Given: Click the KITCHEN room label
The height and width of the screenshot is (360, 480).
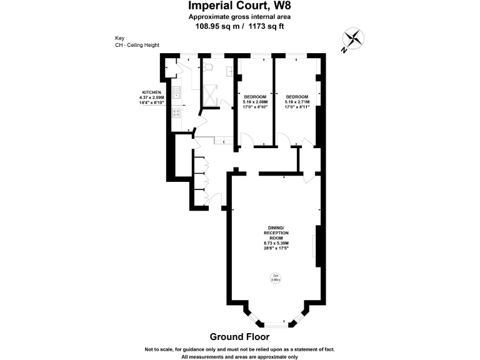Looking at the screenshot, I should (x=152, y=92).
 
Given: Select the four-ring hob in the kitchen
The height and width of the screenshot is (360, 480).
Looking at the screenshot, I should (x=177, y=114).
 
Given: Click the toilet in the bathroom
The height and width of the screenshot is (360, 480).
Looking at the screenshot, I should (x=209, y=66).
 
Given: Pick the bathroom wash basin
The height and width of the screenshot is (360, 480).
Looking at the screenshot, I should (x=230, y=71).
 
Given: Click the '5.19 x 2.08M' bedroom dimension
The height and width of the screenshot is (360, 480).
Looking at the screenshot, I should (x=255, y=102).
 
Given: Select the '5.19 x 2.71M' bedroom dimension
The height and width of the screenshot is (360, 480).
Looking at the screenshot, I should (x=297, y=102).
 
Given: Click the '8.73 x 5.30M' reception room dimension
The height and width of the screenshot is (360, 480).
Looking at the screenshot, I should (x=276, y=242).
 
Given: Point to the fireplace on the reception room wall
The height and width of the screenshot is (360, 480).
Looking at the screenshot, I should (x=317, y=246).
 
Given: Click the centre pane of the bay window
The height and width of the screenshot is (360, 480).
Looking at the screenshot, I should (x=275, y=323).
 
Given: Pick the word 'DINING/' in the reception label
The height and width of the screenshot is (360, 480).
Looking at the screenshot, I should (x=276, y=227).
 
